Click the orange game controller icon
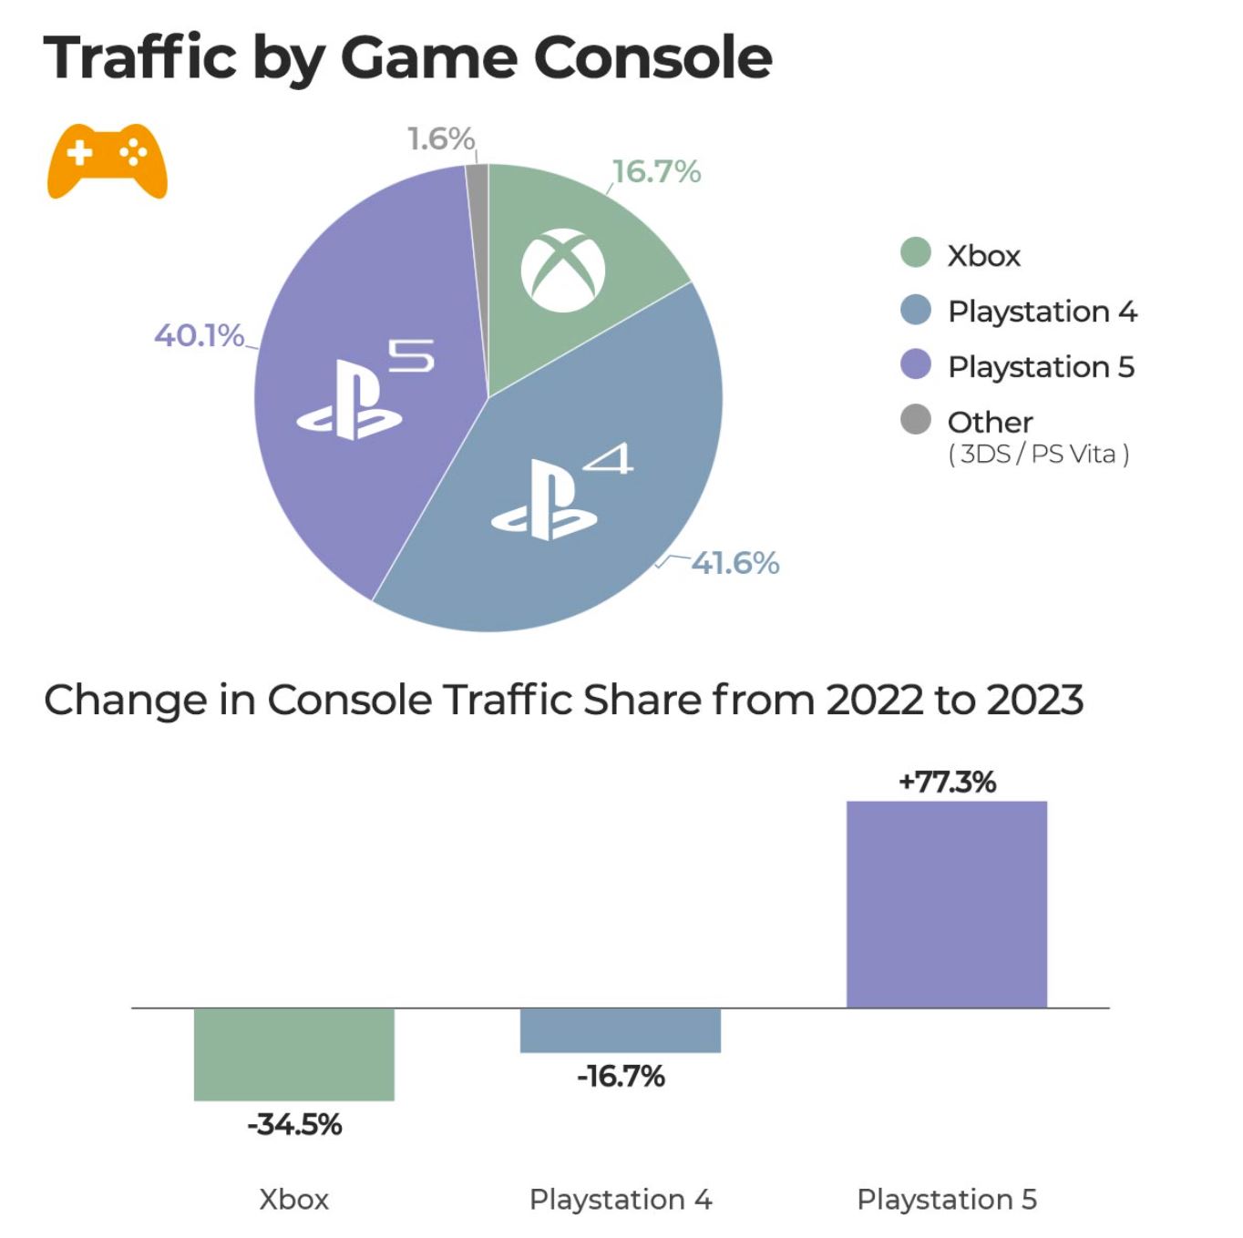(x=108, y=159)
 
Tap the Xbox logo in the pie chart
(x=562, y=271)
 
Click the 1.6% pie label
(x=440, y=138)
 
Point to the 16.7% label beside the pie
(x=656, y=171)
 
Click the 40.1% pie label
(x=199, y=335)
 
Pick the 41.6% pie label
(x=734, y=563)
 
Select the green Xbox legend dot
(x=915, y=252)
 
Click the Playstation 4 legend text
(x=1042, y=312)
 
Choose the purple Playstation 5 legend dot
(x=915, y=364)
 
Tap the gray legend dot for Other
(x=915, y=420)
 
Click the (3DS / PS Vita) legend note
(x=1038, y=454)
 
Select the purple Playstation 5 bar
(x=946, y=904)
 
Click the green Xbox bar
(x=293, y=1054)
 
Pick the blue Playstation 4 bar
(x=620, y=1030)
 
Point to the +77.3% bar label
(x=947, y=782)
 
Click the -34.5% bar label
(x=294, y=1124)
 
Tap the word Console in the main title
(x=652, y=57)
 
